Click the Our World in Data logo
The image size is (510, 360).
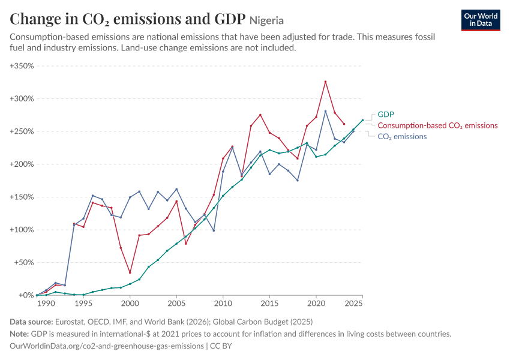point(481,20)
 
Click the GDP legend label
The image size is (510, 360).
point(385,115)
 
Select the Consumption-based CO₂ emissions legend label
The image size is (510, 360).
point(437,125)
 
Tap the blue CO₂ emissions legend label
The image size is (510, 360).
point(402,137)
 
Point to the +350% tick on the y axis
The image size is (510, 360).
point(22,65)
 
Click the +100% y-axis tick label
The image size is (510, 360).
point(22,230)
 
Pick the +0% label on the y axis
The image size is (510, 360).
point(26,295)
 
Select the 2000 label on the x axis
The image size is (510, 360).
point(130,304)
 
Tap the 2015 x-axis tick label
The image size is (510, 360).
point(269,304)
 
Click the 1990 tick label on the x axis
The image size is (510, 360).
point(46,304)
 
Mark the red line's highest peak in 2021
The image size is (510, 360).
point(325,82)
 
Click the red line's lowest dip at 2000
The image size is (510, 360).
point(130,272)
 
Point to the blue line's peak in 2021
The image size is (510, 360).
point(325,111)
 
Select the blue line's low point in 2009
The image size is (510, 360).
point(214,230)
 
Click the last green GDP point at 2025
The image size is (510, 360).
point(362,120)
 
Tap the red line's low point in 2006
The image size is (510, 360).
point(186,244)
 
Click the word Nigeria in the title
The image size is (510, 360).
point(267,20)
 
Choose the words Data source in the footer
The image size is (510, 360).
point(31,322)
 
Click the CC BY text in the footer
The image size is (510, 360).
point(221,346)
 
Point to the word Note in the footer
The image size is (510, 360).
point(19,334)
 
